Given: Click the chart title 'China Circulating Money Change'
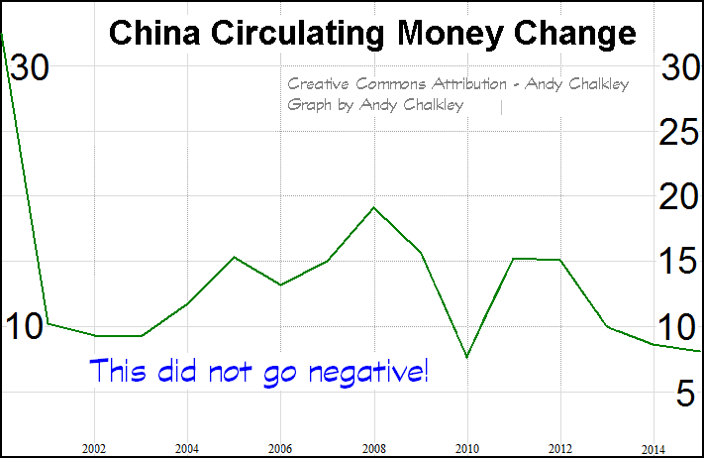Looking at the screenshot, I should coord(372,33).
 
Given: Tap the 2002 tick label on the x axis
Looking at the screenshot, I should coord(95,447).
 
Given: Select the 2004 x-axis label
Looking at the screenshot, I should coord(188,447).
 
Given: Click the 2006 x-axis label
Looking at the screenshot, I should coord(281,447).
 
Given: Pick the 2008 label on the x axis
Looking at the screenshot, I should coord(374,447).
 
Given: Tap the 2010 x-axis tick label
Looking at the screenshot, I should coord(467,447).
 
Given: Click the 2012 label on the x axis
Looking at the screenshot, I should coord(560,447).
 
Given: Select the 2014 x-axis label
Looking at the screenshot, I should coord(653,447).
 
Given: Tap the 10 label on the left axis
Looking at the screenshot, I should coord(27,325).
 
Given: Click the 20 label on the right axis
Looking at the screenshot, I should coord(680,197).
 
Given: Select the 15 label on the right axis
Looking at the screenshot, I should coord(680,262).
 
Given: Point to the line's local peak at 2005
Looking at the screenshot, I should coord(234,257).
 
